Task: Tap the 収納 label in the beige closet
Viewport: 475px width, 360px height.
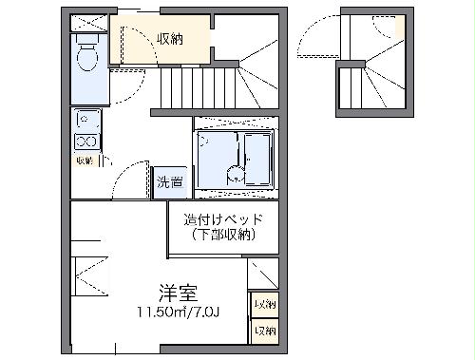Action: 170,39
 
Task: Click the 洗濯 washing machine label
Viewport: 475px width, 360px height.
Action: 170,181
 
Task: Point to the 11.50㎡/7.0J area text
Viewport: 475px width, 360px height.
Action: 178,311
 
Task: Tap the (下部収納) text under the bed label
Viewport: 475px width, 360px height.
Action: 223,234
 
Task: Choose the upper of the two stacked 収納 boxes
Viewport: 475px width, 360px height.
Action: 264,305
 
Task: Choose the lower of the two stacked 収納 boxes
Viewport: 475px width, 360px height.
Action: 264,331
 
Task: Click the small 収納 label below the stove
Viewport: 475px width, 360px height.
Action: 84,161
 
